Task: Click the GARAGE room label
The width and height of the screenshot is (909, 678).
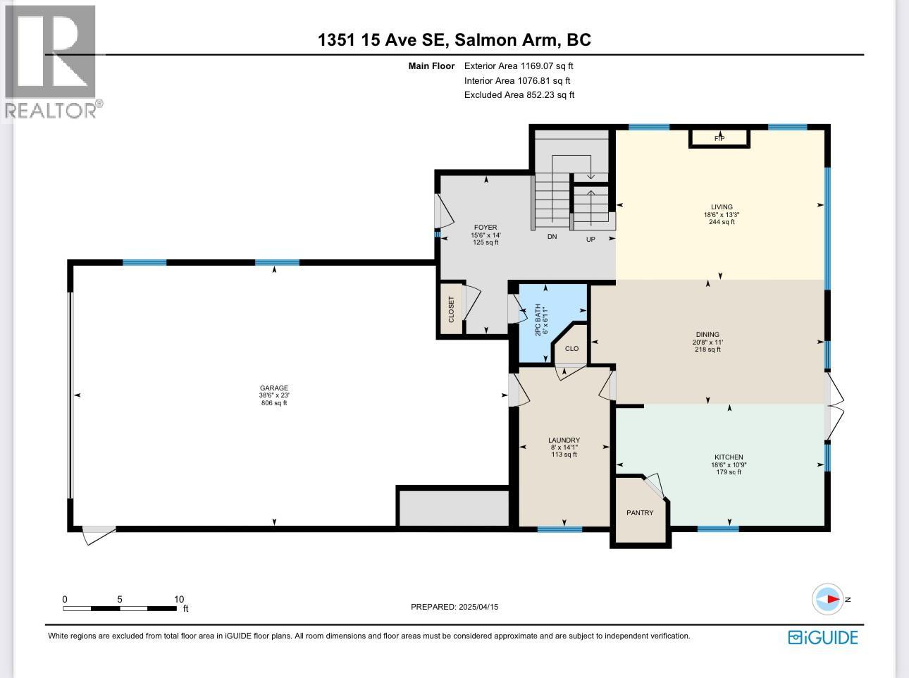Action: click(274, 388)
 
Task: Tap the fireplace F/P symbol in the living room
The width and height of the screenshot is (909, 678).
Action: click(719, 138)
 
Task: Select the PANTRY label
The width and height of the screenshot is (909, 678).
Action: click(640, 513)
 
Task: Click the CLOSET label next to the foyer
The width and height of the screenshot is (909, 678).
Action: click(452, 309)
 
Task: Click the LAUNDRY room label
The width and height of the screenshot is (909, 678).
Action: click(564, 440)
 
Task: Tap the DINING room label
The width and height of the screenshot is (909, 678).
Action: click(707, 335)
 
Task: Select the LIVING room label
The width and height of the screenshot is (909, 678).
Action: click(722, 207)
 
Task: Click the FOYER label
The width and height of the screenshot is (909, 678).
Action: click(486, 228)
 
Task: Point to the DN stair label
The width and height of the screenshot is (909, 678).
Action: click(552, 237)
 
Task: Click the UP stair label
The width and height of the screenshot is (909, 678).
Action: click(590, 240)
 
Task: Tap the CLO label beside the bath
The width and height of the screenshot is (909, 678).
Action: click(571, 348)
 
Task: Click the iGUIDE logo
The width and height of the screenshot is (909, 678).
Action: click(822, 638)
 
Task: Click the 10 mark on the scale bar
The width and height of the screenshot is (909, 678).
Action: click(178, 600)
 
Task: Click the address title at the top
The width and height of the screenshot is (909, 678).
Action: click(455, 40)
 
